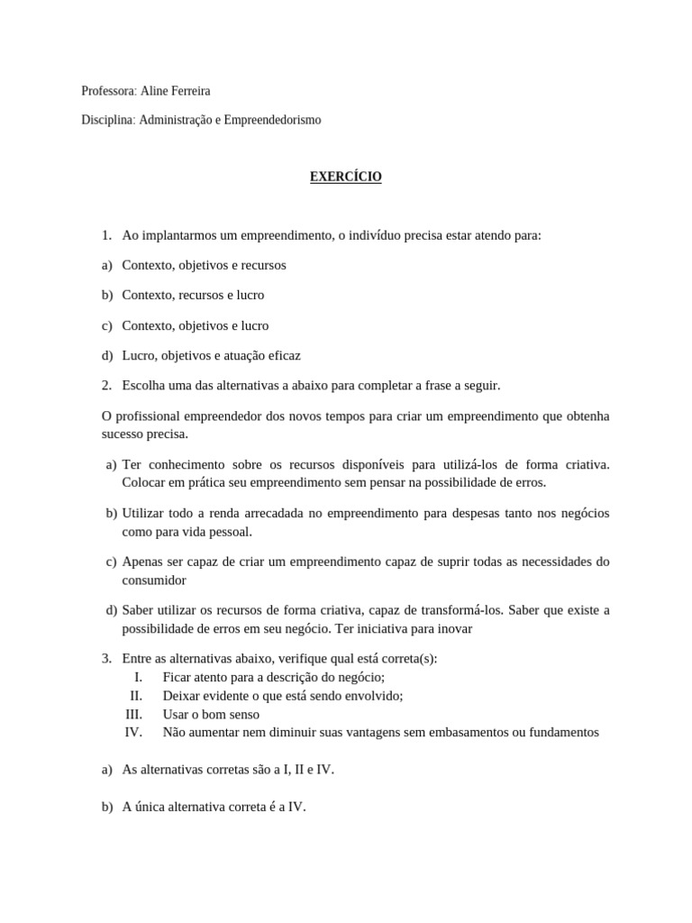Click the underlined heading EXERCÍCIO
[346, 177]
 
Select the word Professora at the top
[108, 90]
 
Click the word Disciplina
[107, 119]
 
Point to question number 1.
[106, 235]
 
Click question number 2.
[106, 385]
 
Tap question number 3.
[106, 658]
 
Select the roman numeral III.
[134, 714]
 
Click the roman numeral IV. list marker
[133, 732]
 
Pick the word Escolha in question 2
[143, 385]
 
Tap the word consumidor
[154, 580]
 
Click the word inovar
[455, 628]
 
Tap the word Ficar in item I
[178, 677]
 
